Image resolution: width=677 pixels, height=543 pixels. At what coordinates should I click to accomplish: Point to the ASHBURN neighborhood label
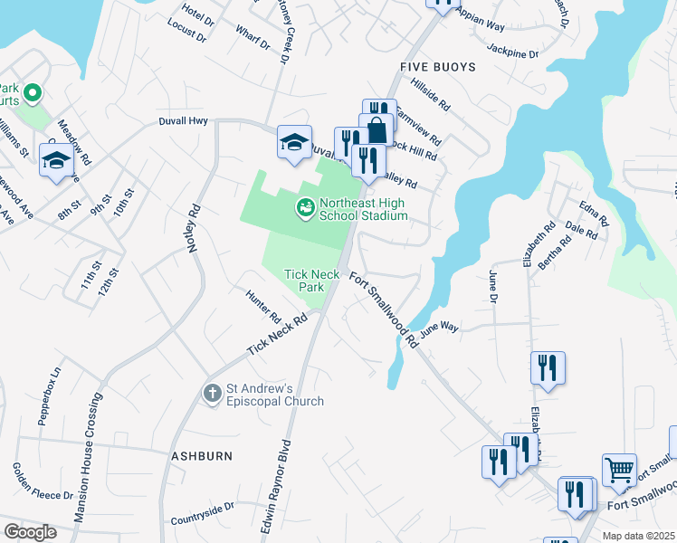click(x=202, y=456)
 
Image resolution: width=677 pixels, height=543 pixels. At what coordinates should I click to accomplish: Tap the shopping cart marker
click(x=619, y=470)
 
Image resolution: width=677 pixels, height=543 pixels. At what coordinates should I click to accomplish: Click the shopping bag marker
click(x=376, y=130)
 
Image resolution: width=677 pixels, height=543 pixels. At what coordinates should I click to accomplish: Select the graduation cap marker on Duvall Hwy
click(x=294, y=142)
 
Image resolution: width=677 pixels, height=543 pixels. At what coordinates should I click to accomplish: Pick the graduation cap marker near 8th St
click(x=57, y=161)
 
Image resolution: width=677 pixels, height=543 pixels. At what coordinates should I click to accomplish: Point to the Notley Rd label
click(x=193, y=232)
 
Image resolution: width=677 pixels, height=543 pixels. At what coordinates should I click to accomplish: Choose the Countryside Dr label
click(x=202, y=512)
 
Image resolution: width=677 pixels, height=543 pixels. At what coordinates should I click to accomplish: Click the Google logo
click(x=30, y=532)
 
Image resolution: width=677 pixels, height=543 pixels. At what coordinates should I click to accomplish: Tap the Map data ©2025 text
click(x=638, y=536)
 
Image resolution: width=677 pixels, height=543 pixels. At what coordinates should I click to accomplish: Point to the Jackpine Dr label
click(x=512, y=53)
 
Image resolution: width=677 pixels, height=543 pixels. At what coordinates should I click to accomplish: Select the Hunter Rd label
click(x=263, y=306)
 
